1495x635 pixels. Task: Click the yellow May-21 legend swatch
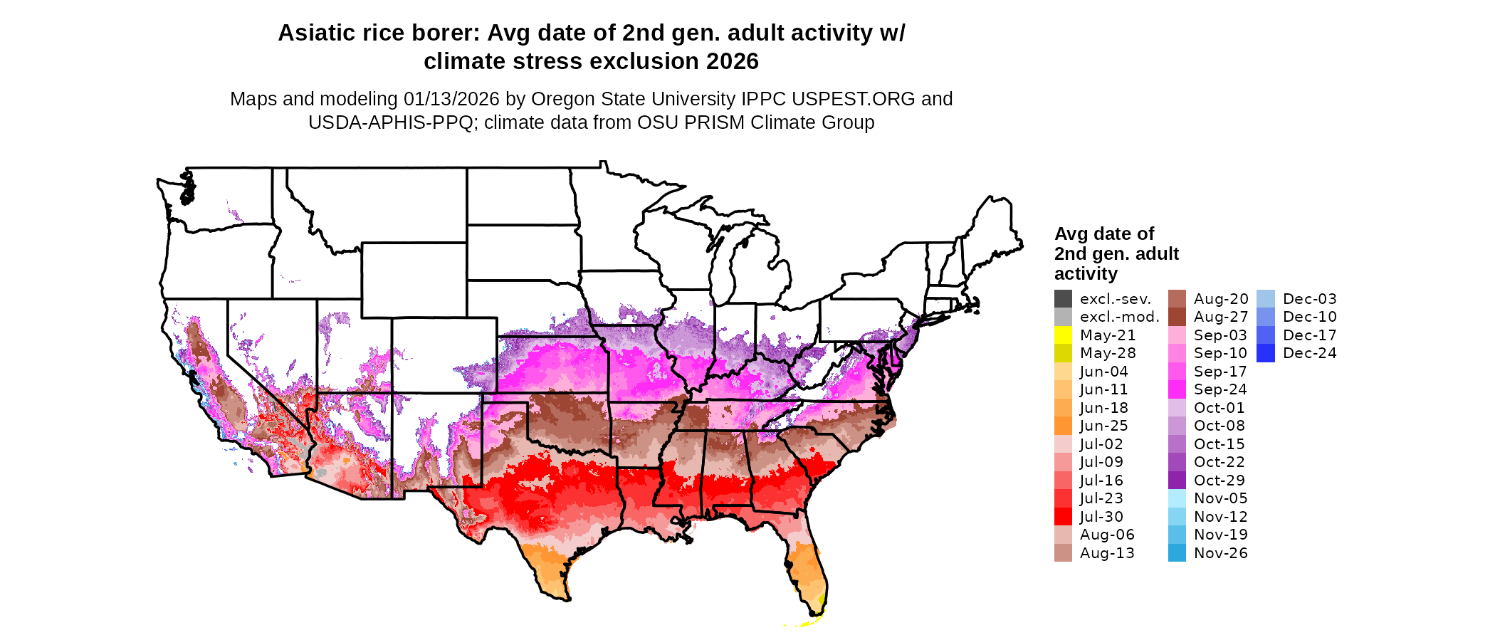coord(1063,335)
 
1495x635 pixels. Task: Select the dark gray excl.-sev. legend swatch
coord(1063,299)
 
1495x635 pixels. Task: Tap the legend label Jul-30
coord(1101,517)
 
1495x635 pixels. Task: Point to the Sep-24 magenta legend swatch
coord(1177,389)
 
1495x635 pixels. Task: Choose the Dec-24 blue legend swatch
coord(1266,353)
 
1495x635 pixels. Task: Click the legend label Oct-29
coord(1220,481)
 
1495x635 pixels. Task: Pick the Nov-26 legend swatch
coord(1177,553)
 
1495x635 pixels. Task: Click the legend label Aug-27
coord(1221,317)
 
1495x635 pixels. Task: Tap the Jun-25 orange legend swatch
coord(1063,426)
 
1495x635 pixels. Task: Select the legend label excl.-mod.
coord(1120,317)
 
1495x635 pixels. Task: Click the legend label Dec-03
coord(1310,299)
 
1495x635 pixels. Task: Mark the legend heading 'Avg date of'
coord(1104,233)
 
